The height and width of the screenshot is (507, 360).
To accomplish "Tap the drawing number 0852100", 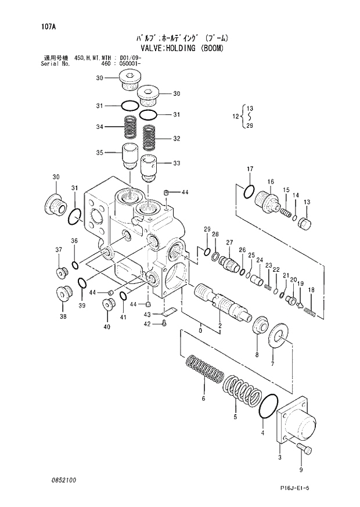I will coord(63,480).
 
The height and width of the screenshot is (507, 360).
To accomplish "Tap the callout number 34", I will coord(100,127).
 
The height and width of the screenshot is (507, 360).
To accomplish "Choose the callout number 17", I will coord(250,169).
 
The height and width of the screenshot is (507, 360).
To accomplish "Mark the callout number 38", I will coord(63,317).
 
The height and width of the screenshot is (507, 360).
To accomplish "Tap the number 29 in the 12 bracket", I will coord(250,125).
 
